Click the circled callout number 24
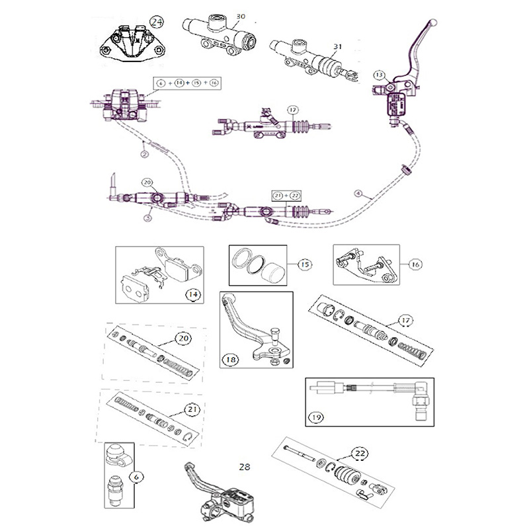point(156,22)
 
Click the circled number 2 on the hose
point(143,153)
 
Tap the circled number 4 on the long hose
point(358,194)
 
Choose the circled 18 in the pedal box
point(231,360)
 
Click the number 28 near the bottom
point(245,466)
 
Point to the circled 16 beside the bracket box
point(415,264)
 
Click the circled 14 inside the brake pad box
point(193,294)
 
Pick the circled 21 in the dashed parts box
point(192,409)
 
